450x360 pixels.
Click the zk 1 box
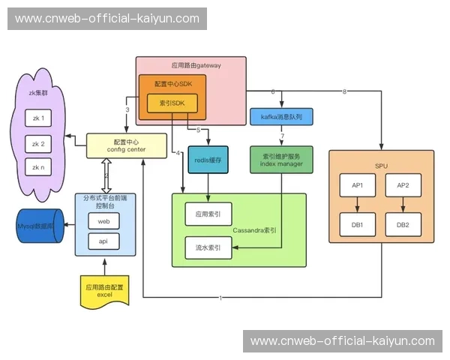tap(37, 118)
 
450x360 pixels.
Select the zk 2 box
tap(37, 143)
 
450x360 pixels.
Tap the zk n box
tap(37, 167)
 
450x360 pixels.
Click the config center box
tap(125, 145)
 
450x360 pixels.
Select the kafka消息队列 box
tap(281, 116)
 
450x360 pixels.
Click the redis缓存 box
tap(207, 160)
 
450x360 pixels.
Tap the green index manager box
tap(282, 160)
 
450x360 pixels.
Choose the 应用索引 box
tap(208, 214)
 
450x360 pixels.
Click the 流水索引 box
tap(208, 247)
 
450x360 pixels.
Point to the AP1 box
tap(358, 185)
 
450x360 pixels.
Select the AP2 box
tap(403, 185)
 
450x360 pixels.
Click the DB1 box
tap(358, 224)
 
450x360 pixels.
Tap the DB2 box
tap(403, 224)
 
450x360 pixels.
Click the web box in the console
tap(104, 221)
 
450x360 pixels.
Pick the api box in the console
tap(104, 241)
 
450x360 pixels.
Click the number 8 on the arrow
tap(344, 91)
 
